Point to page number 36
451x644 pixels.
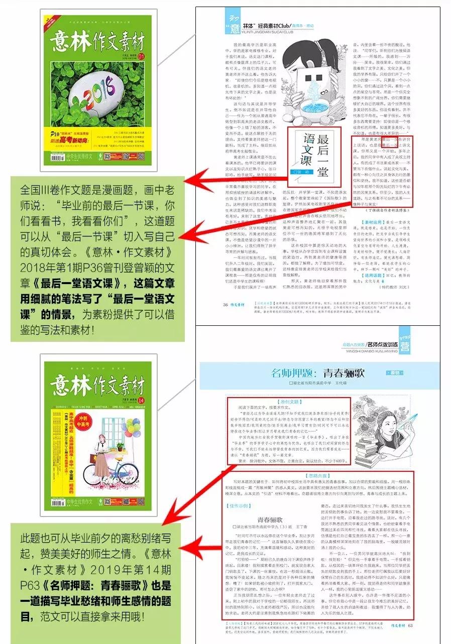click(225, 304)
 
